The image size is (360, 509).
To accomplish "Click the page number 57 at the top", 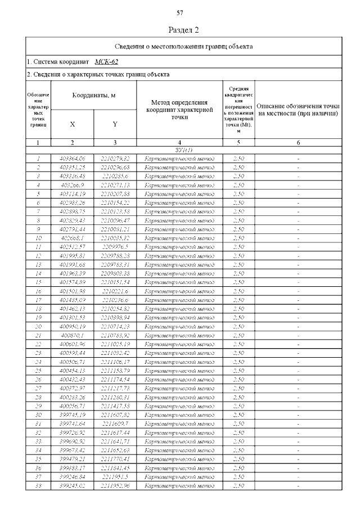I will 181,13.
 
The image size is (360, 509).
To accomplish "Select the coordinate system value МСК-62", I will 106,61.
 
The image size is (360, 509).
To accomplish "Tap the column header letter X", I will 73,124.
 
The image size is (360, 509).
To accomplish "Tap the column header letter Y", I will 115,124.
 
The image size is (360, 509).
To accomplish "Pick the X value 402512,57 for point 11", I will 73,247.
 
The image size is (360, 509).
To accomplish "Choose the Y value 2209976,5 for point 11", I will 115,247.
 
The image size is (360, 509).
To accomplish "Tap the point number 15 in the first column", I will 38,282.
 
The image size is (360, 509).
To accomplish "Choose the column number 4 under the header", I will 179,143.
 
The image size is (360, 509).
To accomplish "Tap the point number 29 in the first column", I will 38,406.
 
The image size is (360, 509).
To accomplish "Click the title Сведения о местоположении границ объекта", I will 183,46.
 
